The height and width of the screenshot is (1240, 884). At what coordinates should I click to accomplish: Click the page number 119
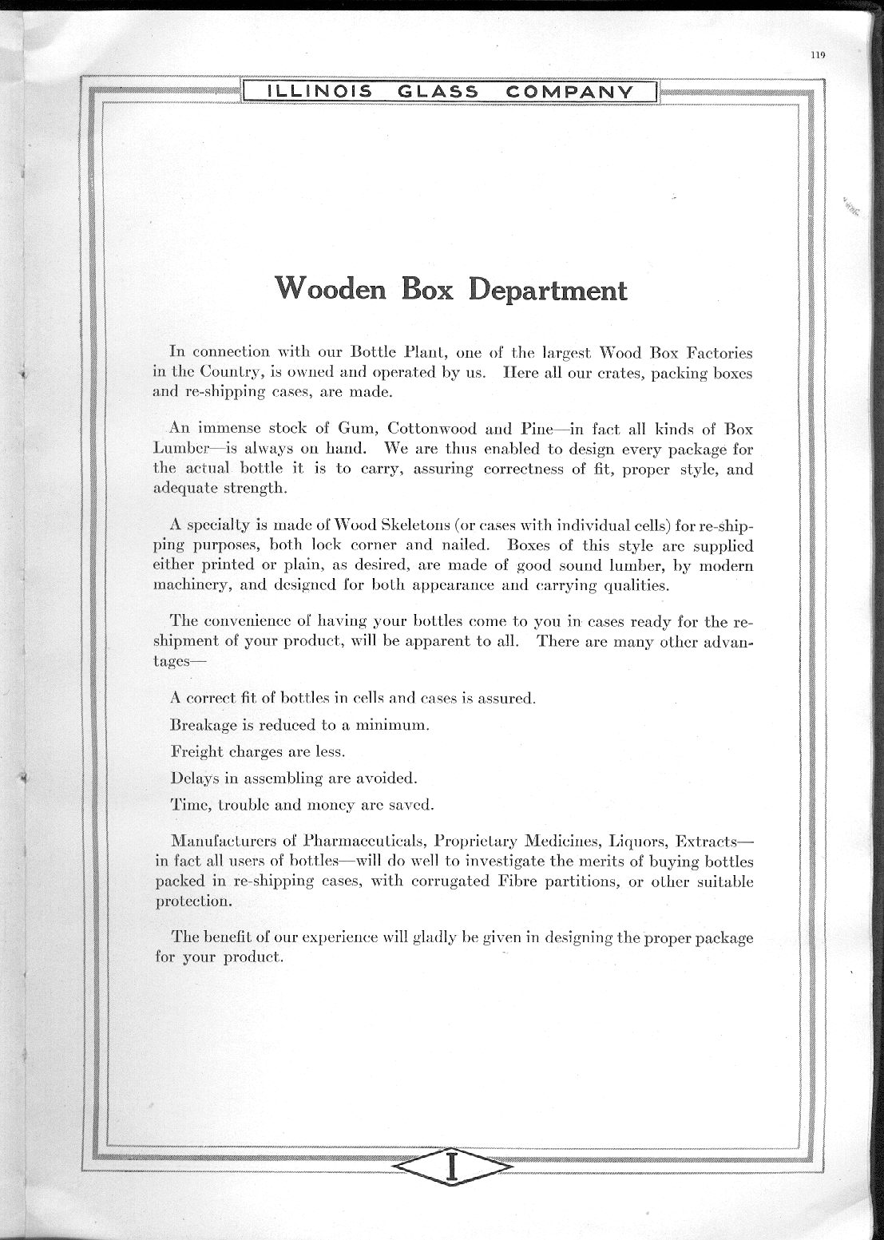coord(816,56)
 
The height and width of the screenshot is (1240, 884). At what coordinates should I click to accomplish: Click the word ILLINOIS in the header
coord(319,92)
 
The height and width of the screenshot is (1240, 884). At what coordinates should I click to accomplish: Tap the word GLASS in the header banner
coord(438,92)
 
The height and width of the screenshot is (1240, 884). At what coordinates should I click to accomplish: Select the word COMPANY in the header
coord(569,92)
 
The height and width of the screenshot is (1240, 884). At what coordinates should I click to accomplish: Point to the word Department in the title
coord(547,289)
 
